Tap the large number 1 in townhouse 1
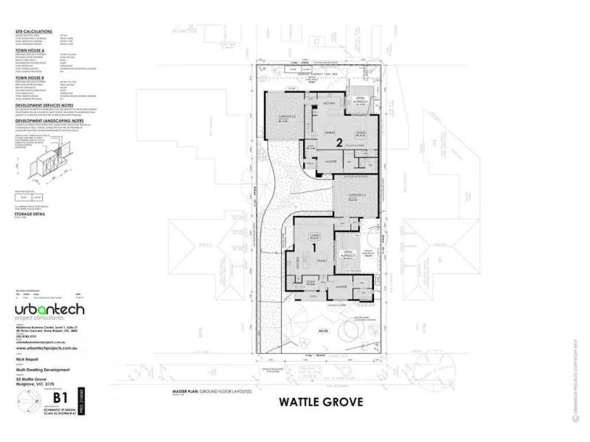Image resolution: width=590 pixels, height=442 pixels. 315,249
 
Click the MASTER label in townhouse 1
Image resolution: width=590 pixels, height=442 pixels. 341,285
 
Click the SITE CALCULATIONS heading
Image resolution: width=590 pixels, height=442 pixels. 35,32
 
